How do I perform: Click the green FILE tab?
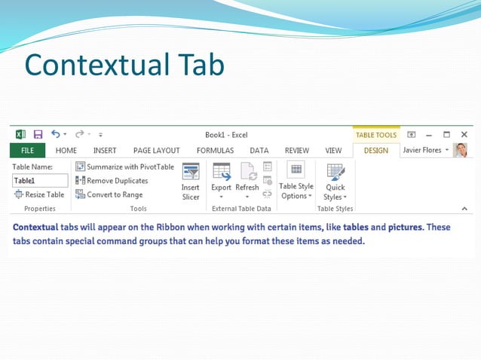(x=27, y=150)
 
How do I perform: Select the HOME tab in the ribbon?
(x=66, y=150)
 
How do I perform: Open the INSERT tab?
(x=105, y=150)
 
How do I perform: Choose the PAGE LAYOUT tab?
(x=156, y=150)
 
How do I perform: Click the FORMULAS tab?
(x=215, y=150)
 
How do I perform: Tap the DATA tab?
(x=259, y=150)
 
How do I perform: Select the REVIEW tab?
(x=297, y=150)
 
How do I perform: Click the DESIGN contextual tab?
(x=375, y=150)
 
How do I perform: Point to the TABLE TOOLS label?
(x=375, y=135)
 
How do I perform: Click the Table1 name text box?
(x=40, y=181)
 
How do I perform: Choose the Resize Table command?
(x=39, y=194)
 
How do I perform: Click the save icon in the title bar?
(x=38, y=135)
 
